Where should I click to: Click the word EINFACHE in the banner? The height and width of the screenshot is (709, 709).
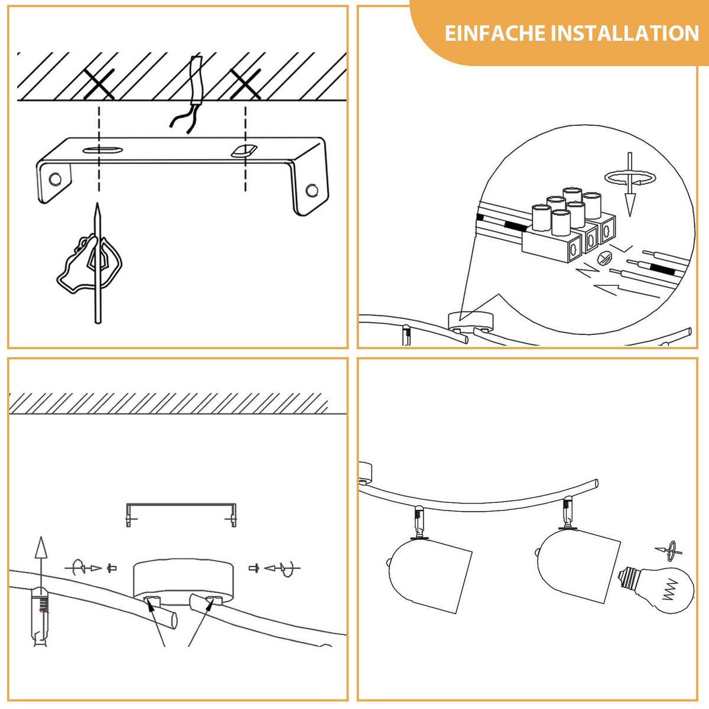click(495, 34)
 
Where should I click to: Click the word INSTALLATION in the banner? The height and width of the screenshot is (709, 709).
click(625, 34)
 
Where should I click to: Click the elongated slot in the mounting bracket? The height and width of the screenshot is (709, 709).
click(103, 150)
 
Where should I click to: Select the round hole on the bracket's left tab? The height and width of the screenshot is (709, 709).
click(55, 179)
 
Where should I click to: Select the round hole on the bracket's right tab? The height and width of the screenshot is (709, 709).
click(311, 190)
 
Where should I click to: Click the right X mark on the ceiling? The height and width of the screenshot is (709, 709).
click(245, 84)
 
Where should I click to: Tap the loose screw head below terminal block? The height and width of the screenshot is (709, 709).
click(604, 258)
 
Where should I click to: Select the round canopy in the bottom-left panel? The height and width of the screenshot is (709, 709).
click(183, 582)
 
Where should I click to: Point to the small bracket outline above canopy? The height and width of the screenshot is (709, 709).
click(181, 505)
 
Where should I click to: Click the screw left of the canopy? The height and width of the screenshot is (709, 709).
click(112, 568)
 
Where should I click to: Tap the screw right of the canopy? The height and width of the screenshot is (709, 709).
click(253, 568)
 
